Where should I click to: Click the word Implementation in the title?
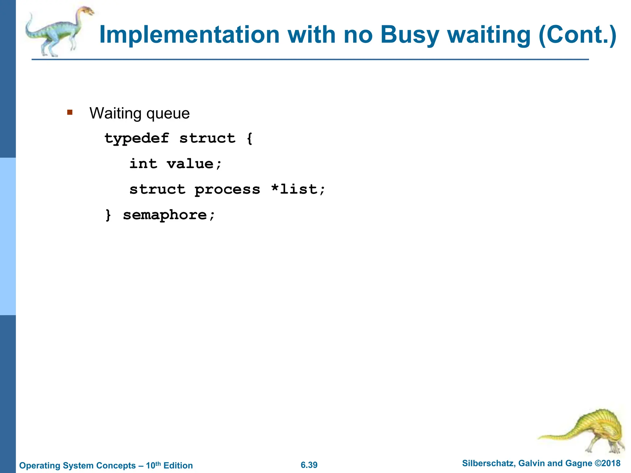[x=189, y=35]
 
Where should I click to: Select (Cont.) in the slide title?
[x=577, y=35]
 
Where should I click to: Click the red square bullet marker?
[x=70, y=112]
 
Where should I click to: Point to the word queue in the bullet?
[x=168, y=114]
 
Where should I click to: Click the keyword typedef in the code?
[x=137, y=138]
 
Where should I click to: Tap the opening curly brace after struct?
[x=250, y=138]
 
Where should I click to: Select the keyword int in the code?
[x=143, y=164]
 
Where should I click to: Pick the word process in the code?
[x=227, y=189]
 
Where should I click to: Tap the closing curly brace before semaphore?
[x=108, y=215]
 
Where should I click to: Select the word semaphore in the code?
[x=165, y=215]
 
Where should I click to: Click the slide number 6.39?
[x=309, y=465]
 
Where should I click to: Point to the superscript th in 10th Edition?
[x=158, y=463]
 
